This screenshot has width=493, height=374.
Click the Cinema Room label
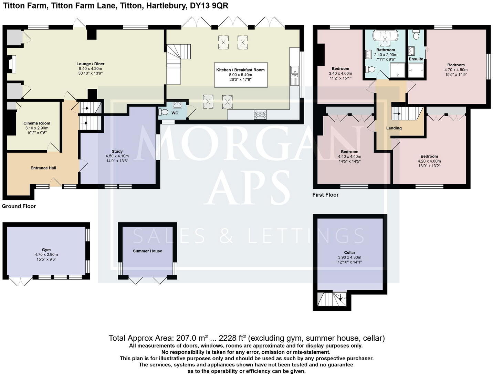pos(36,123)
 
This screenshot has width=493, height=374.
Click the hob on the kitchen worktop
pos(260,114)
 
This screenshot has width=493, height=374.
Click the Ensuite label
pos(416,59)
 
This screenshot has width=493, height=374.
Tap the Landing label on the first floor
pos(394,128)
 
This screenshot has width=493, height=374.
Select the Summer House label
pos(147,251)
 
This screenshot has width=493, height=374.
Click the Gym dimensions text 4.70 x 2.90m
pos(46,255)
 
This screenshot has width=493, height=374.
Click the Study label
pos(117,151)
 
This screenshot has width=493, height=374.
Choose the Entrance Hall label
pos(43,168)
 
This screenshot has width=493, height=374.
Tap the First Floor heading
pos(325,195)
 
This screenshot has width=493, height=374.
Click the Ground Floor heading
pos(19,206)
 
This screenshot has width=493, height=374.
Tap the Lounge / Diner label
pos(90,64)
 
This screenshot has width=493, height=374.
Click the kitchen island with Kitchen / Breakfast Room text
pos(240,75)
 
